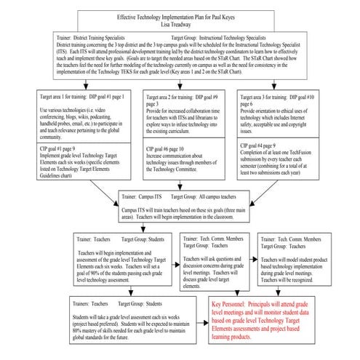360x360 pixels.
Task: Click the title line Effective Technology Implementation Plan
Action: [x=180, y=14]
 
